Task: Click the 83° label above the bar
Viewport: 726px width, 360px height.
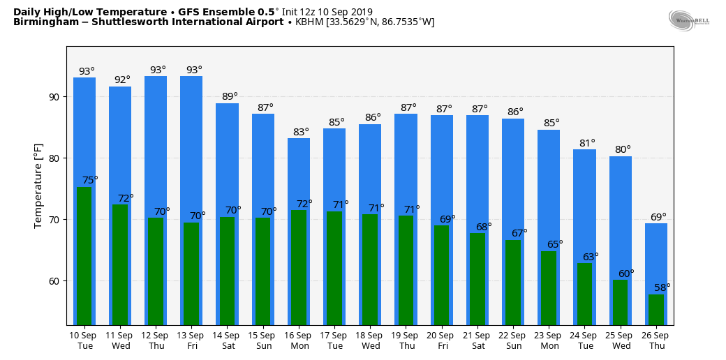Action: pos(302,132)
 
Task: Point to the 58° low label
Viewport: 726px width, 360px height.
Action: pos(662,287)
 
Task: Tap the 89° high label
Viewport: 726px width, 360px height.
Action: pos(230,96)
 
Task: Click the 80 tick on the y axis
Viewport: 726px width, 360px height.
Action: pos(54,158)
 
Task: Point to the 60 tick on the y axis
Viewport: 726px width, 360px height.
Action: pos(54,281)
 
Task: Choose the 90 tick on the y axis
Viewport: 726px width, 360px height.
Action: pos(54,97)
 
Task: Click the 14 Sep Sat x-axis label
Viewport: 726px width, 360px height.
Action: pos(228,340)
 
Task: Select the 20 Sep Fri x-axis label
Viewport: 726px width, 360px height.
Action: pos(442,340)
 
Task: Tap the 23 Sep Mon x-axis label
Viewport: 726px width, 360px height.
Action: pos(549,340)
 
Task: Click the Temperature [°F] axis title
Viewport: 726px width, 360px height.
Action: pos(38,185)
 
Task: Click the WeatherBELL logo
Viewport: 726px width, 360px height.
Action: pos(688,20)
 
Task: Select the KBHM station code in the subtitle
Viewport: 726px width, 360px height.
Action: pos(309,22)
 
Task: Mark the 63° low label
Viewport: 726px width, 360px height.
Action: pos(591,257)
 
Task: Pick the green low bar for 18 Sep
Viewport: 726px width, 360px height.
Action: pos(370,269)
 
